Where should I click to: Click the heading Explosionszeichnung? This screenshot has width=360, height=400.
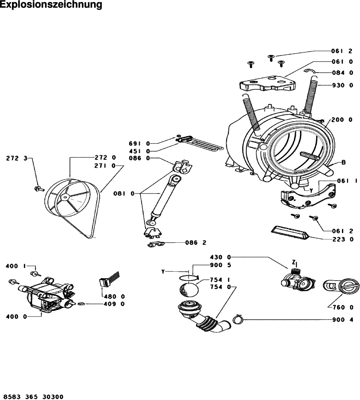pos(51,5)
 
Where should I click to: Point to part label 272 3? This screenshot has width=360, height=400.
pos(17,158)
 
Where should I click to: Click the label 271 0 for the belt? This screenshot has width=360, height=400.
pos(105,166)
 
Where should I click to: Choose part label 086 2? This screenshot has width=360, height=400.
pos(196,243)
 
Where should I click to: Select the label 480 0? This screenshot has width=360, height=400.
pos(114,297)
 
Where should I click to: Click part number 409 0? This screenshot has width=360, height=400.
pos(114,304)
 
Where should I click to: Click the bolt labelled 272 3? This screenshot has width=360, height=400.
pos(39,189)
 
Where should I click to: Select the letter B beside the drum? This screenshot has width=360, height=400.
pos(343,163)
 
